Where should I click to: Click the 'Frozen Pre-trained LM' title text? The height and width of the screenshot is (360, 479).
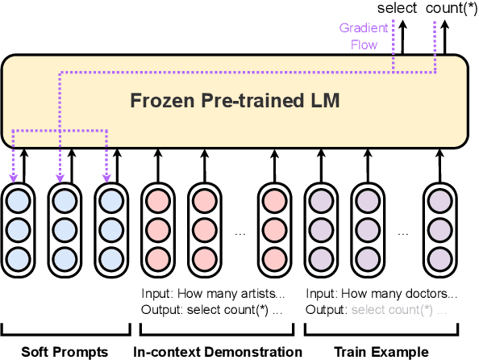coord(235,103)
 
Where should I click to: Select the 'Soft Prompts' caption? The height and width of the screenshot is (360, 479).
coord(65,351)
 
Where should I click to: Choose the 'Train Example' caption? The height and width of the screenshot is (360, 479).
coord(383,351)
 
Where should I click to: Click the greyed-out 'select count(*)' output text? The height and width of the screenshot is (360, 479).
coord(392,309)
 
